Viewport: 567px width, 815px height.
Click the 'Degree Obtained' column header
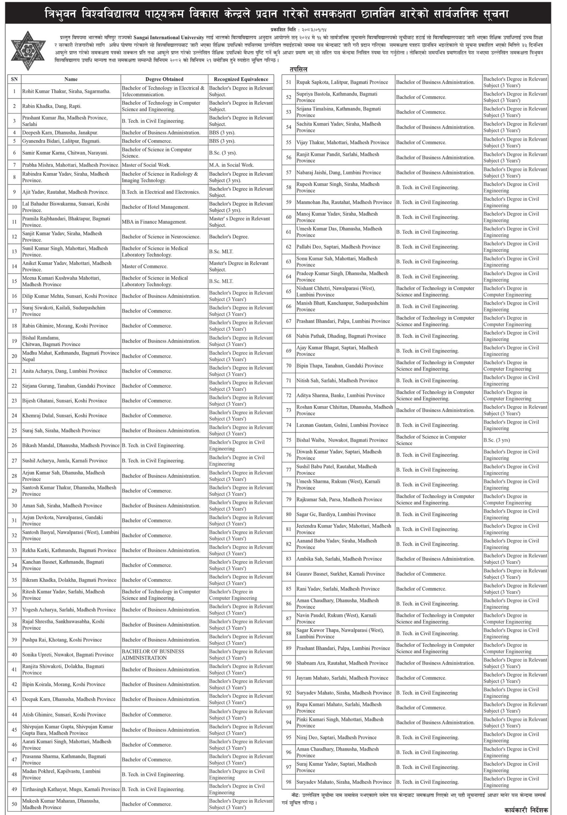164,79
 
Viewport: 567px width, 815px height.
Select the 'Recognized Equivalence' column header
241,79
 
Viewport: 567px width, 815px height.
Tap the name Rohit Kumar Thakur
66,91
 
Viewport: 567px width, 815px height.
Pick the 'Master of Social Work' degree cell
146,165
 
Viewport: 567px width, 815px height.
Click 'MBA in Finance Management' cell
154,222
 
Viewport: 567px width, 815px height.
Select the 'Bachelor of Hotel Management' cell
156,207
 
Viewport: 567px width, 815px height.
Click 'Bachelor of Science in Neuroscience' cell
161,237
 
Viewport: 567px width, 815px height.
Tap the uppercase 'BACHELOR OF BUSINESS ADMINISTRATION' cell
153,655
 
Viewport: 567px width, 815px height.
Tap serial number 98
289,782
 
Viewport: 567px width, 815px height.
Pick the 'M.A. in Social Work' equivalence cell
231,165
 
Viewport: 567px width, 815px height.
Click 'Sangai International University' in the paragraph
169,38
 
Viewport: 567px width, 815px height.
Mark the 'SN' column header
14,79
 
